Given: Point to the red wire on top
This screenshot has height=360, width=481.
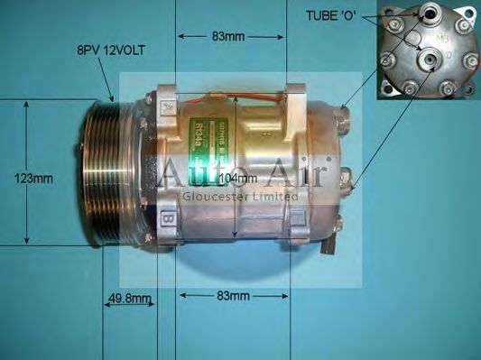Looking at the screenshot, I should tap(244, 93).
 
